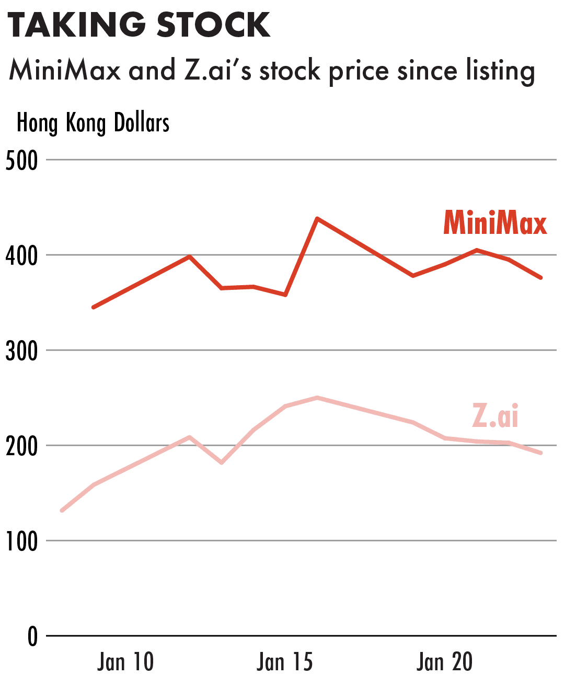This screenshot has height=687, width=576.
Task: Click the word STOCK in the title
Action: pos(214,25)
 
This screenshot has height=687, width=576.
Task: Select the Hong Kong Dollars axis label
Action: pos(93,123)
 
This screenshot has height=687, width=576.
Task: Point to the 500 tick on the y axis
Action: pos(22,161)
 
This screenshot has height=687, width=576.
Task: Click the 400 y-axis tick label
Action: pos(22,256)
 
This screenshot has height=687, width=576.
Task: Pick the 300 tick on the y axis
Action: pos(22,351)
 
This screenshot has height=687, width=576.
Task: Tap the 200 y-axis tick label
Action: pos(22,446)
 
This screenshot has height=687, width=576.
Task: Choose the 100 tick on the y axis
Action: pos(22,542)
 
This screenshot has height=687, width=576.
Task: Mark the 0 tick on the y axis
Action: pos(32,637)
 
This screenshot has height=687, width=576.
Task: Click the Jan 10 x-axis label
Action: pos(125,662)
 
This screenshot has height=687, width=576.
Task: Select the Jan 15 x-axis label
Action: pos(285,662)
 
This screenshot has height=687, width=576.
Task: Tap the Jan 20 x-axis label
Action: pos(445,662)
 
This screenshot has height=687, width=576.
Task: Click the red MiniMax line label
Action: pos(495,223)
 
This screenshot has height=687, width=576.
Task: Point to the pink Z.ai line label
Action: pos(495,416)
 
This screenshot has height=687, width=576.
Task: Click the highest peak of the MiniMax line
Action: pos(317,218)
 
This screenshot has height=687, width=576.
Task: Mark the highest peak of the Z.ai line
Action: pos(317,398)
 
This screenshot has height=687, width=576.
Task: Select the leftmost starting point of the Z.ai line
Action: pos(62,510)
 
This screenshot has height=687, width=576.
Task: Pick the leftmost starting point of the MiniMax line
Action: pos(94,307)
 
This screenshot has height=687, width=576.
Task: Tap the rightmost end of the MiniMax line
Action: pos(540,277)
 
